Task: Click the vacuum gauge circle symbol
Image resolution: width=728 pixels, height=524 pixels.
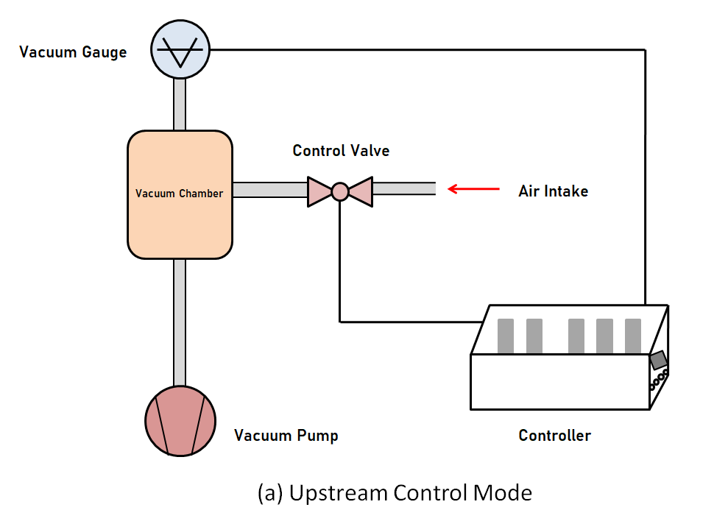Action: [180, 49]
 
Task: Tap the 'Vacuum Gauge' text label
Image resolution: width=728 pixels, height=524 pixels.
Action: [73, 52]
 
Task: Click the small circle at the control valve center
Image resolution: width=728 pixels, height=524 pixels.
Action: [339, 191]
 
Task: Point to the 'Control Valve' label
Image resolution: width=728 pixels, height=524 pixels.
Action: [341, 151]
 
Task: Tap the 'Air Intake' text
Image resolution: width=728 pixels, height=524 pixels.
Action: [553, 191]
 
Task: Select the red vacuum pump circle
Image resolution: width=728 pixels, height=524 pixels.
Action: [180, 421]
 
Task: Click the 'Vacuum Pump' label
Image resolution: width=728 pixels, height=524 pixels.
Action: [286, 436]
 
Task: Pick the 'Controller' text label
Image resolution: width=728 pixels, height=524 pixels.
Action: [554, 435]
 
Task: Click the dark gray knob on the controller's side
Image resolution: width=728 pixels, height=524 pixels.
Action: [658, 360]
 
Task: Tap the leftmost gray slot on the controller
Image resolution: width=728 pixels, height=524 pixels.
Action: [506, 336]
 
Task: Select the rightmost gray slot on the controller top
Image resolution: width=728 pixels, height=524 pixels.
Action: [633, 336]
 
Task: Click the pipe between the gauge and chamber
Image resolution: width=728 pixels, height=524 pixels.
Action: [180, 105]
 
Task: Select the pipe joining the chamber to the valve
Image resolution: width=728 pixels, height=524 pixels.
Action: [269, 191]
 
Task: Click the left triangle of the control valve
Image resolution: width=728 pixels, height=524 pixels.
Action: [319, 191]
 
